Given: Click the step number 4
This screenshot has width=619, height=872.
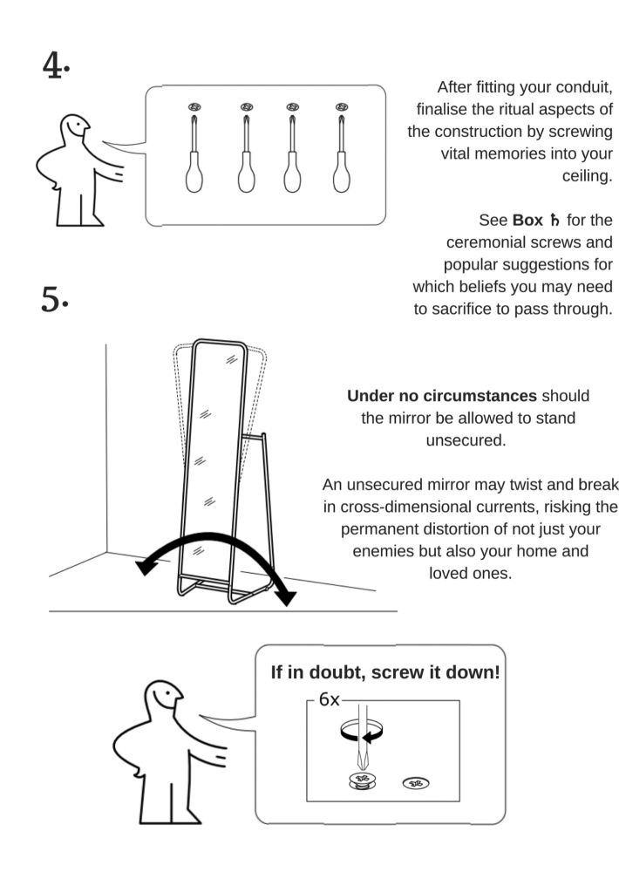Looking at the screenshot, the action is [52, 65].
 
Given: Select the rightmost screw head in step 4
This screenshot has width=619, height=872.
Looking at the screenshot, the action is [342, 106].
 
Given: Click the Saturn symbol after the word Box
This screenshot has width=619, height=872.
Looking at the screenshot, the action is [554, 221].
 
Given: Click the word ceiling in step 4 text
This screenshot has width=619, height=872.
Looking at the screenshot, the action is [587, 176].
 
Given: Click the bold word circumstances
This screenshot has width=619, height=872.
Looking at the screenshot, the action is [480, 396].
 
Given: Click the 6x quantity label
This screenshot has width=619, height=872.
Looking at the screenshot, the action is [329, 699].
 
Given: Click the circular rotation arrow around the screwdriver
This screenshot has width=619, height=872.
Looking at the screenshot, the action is [362, 730].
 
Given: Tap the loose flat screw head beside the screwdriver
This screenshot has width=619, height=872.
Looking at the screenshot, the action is [416, 784].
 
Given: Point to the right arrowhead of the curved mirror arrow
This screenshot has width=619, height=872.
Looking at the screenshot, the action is [287, 596].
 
